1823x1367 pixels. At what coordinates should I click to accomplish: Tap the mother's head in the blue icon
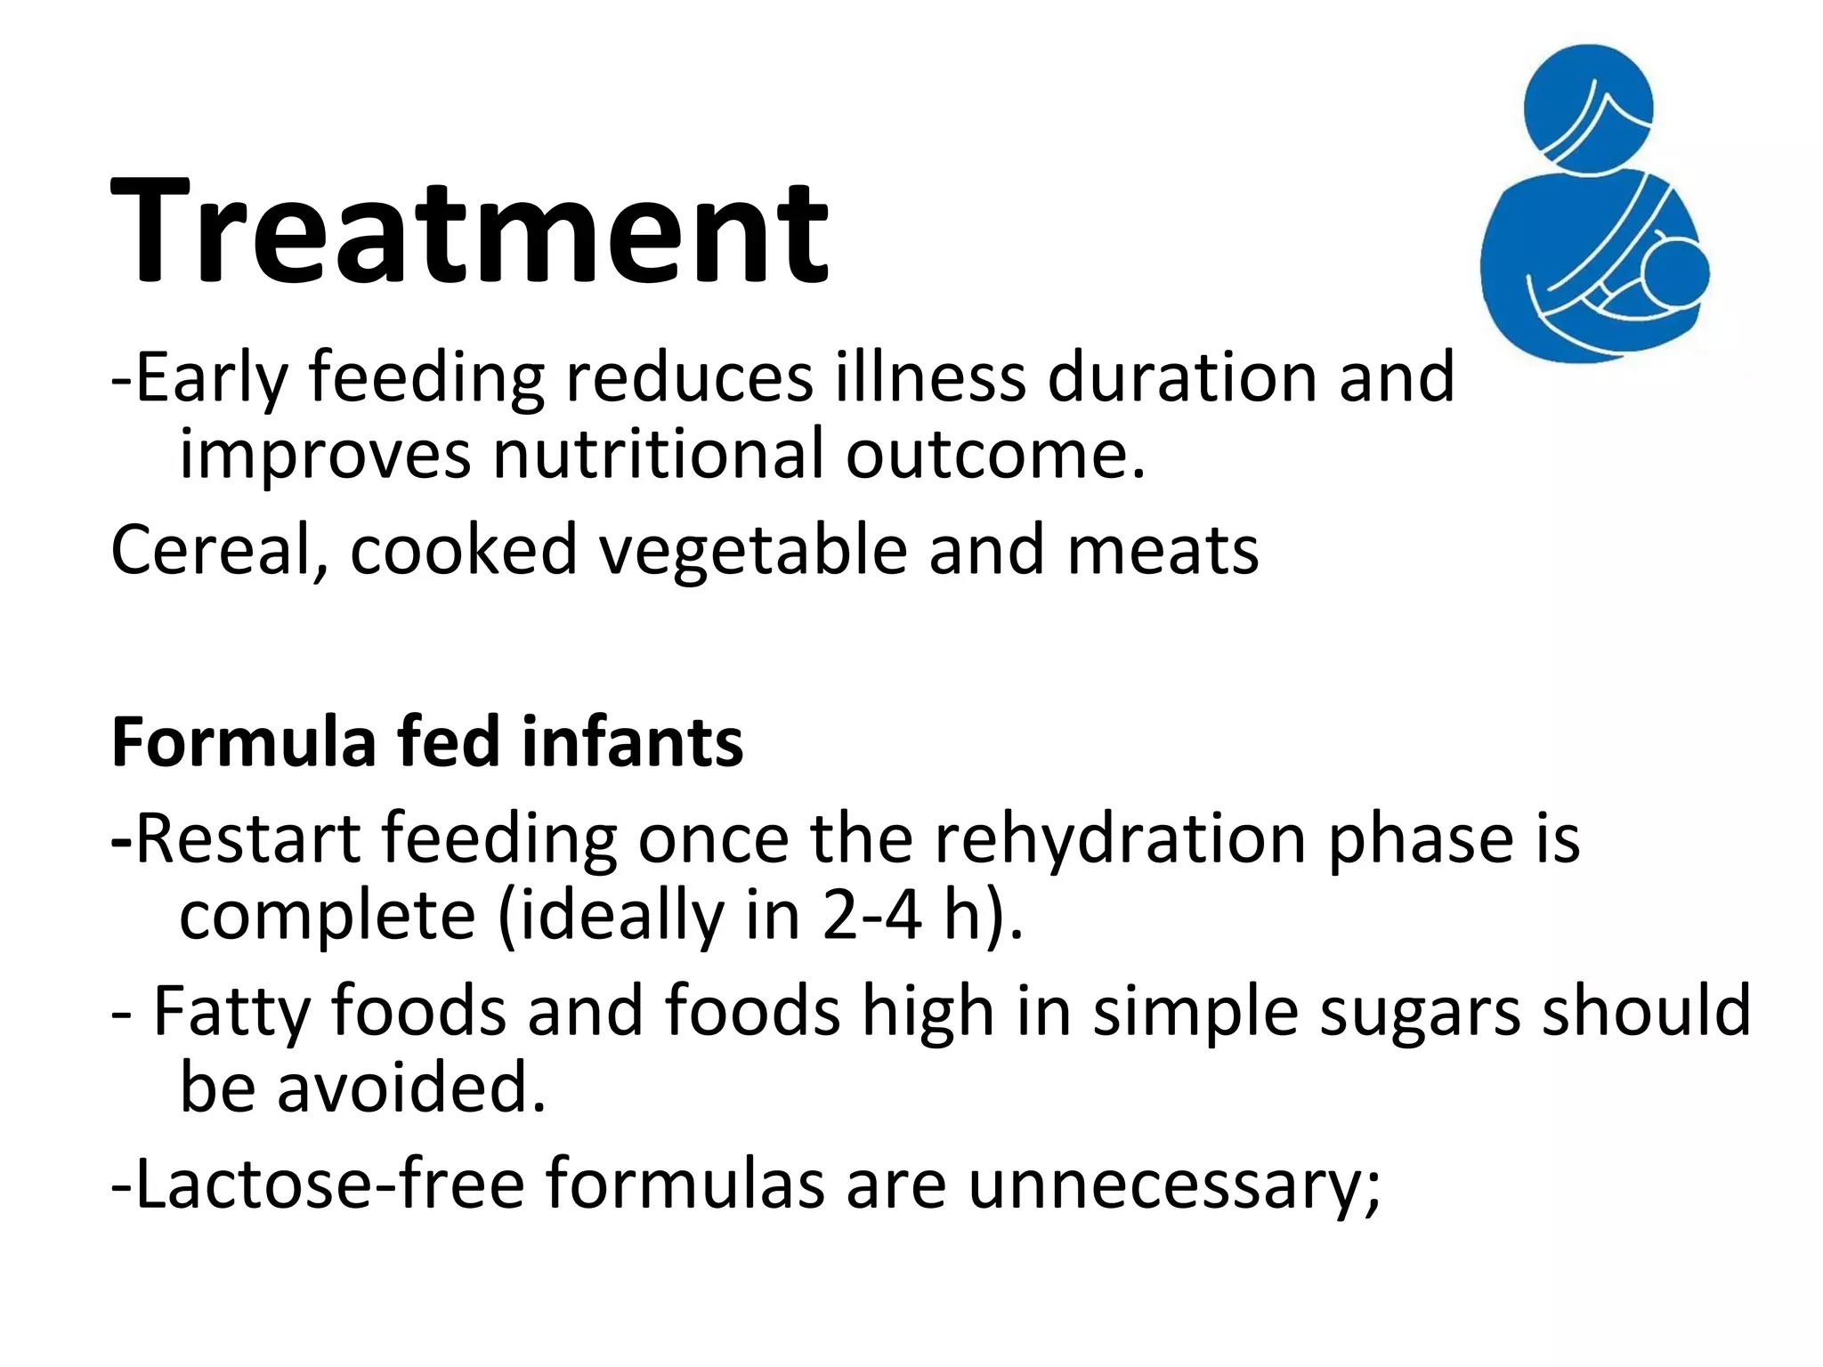pos(1588,105)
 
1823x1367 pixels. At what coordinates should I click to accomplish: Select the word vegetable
pos(752,550)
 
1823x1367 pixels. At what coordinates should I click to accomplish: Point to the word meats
pos(1163,550)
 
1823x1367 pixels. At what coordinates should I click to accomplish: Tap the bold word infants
pos(632,742)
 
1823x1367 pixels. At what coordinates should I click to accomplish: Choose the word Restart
pos(249,838)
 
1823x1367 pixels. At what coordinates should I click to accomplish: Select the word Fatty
pos(231,1011)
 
